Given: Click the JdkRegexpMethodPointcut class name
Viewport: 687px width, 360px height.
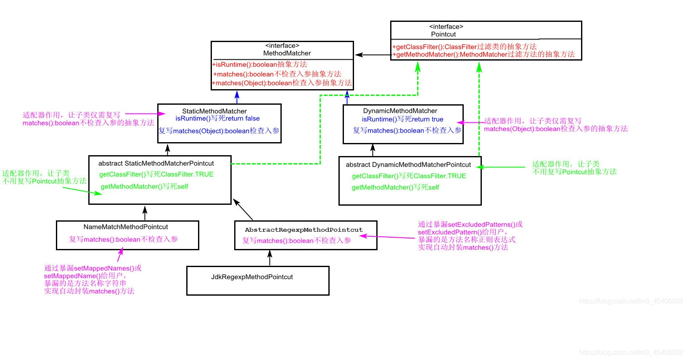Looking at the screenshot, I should click(252, 277).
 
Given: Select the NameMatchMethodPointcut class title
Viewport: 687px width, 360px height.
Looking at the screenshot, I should click(126, 227).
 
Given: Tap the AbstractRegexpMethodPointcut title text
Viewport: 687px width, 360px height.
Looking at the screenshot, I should click(304, 230).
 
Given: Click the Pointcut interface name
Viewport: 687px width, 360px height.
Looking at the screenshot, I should click(443, 34).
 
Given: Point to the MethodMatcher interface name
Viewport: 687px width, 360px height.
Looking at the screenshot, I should click(287, 53).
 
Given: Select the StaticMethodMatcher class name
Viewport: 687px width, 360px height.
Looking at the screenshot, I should click(214, 111).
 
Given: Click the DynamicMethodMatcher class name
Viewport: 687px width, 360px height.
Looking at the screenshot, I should click(400, 111).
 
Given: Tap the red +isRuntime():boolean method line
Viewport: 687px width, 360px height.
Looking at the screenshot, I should click(259, 64).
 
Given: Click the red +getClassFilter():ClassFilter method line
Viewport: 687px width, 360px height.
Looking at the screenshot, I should click(464, 47).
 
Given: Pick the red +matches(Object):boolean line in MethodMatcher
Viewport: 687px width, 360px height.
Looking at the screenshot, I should click(282, 83).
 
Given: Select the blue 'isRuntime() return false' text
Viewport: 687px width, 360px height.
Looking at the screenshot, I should click(217, 119).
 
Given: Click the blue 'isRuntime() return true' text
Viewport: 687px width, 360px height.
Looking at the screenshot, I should click(402, 119).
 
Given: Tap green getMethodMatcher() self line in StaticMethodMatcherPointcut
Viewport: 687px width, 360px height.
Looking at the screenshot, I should click(144, 186).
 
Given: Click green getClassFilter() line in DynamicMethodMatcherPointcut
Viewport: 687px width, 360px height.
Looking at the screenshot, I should click(409, 176).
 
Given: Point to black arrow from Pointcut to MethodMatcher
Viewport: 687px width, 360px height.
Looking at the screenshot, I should click(373, 55).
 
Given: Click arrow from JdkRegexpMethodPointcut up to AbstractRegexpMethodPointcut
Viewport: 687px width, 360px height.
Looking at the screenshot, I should click(270, 258).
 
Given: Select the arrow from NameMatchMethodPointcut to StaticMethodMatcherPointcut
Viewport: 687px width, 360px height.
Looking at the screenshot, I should click(145, 213).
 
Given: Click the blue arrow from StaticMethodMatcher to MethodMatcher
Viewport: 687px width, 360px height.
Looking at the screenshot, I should click(237, 97).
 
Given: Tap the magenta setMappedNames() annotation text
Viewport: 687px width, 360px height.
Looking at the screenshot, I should click(92, 268).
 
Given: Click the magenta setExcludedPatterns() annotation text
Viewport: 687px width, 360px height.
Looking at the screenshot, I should click(470, 225).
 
